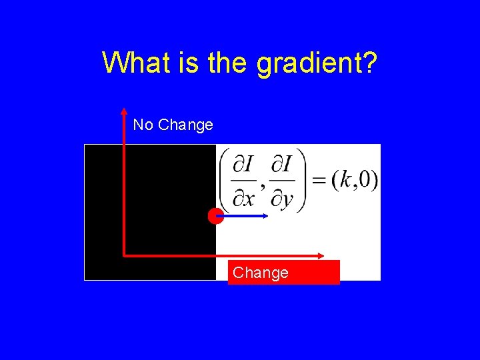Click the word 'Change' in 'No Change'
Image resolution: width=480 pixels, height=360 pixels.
(x=186, y=125)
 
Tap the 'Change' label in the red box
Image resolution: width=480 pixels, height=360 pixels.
(x=261, y=273)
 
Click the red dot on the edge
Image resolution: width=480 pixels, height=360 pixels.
(x=215, y=216)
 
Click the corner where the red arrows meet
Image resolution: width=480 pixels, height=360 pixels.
(x=125, y=255)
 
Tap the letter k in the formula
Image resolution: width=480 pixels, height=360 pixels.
(x=346, y=180)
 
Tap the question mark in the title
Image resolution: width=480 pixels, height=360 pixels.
(x=370, y=63)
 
